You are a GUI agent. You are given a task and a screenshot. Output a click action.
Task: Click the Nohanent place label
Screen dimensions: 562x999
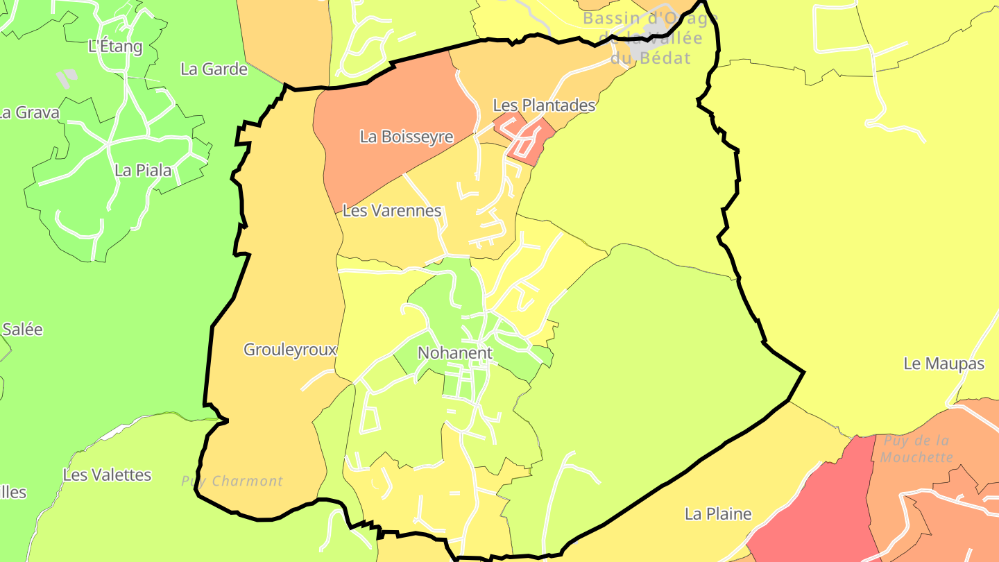454,352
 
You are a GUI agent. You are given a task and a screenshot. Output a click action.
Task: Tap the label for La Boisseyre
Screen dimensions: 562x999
406,137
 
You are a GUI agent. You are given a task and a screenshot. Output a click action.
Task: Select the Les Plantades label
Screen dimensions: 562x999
544,105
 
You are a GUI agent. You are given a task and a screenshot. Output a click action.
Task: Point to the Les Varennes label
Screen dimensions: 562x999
392,210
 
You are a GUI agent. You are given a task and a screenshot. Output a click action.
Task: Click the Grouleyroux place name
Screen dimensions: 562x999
290,350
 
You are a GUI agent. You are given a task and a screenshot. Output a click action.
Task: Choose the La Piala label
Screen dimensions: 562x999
143,170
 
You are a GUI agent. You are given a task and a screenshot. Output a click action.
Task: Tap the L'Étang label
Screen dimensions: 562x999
115,47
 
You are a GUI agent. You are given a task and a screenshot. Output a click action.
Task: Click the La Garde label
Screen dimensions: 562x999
214,69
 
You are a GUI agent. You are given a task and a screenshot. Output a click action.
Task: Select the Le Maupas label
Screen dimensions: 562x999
943,364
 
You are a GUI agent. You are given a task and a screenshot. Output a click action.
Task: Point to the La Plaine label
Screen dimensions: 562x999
718,514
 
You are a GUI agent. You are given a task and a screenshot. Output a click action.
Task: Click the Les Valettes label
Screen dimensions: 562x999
107,475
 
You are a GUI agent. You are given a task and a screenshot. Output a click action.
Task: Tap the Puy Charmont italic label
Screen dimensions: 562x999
232,482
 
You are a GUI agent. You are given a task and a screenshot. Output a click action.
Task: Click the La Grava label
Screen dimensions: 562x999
29,112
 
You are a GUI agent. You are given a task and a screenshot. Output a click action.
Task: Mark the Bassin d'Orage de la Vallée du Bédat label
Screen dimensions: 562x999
650,38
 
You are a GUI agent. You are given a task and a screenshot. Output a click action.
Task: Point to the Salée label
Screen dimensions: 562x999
22,330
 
